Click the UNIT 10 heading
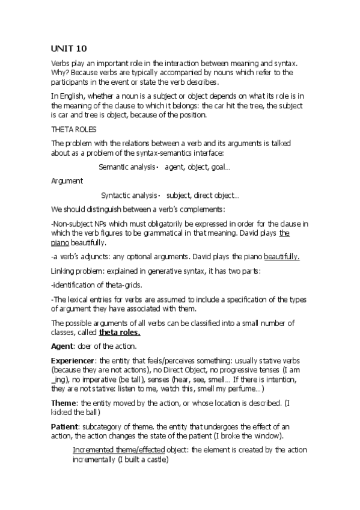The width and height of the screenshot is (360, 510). (x=69, y=50)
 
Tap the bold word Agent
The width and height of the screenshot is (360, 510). (x=62, y=346)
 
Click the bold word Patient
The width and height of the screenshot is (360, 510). (x=65, y=424)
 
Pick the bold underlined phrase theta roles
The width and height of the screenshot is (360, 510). (x=120, y=332)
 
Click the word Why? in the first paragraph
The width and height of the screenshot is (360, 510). (x=60, y=72)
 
